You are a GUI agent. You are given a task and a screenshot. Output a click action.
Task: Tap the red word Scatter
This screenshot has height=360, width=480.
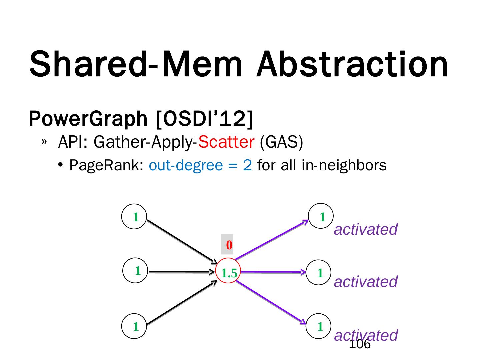click(226, 142)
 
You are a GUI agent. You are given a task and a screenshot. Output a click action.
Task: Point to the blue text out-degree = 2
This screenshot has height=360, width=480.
click(200, 165)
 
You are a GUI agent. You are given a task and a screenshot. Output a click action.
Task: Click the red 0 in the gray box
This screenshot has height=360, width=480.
click(229, 245)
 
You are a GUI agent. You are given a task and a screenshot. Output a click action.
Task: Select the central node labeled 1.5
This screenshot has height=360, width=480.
click(229, 273)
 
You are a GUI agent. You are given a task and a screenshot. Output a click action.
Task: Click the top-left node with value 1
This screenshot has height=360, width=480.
click(134, 217)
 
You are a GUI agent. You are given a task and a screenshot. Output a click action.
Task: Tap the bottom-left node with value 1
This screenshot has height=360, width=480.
click(134, 326)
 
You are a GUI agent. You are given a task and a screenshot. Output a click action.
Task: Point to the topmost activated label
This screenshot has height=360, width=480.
click(366, 229)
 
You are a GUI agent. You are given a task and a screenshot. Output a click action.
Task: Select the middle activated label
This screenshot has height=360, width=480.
click(366, 282)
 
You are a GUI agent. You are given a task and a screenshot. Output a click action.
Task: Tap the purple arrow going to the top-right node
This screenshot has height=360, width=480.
click(272, 239)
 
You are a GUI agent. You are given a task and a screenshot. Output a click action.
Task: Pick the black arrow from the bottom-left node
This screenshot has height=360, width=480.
click(182, 303)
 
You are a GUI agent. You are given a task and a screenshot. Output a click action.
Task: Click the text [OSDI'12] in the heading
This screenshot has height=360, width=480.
click(204, 118)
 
